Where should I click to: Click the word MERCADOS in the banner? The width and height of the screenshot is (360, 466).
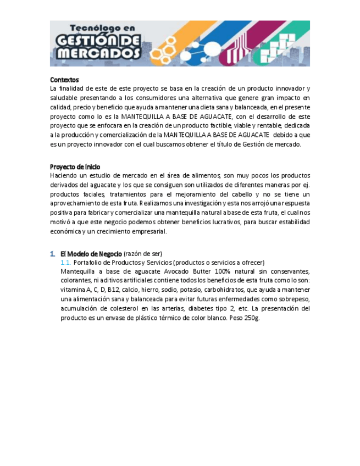(x=99, y=54)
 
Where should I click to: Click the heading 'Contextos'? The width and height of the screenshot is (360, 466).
(x=64, y=80)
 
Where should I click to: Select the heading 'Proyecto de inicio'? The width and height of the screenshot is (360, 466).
(x=75, y=167)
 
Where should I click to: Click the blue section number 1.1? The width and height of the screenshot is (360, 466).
(x=65, y=263)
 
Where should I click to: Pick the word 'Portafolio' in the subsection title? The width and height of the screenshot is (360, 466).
(x=88, y=263)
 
